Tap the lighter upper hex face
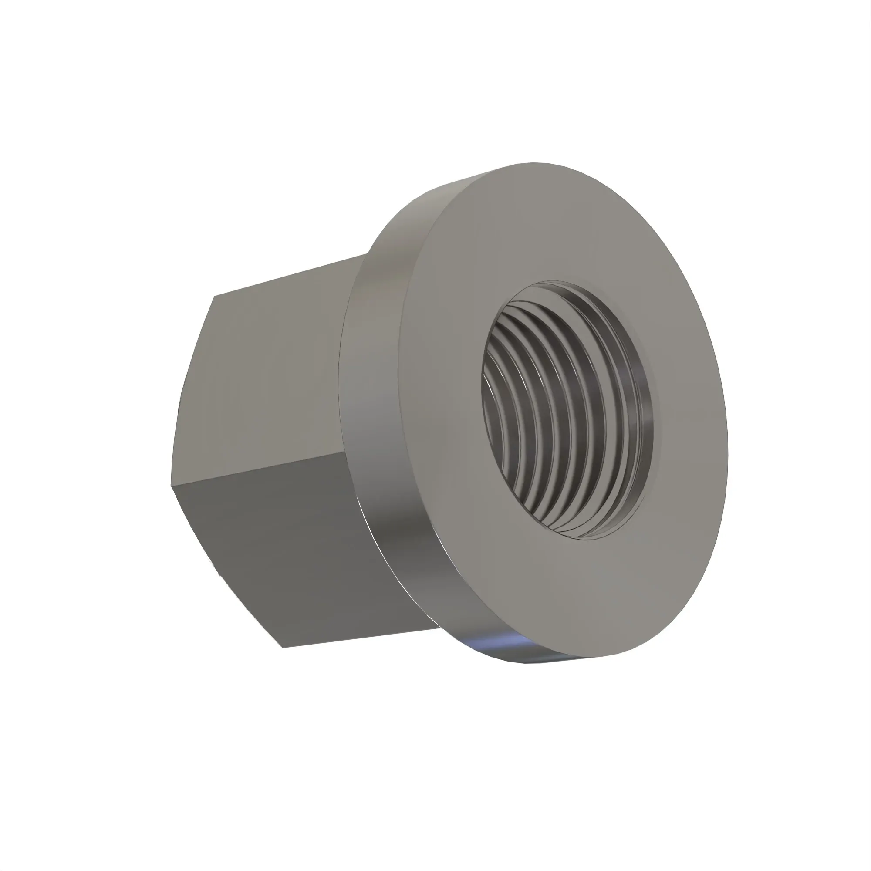point(270,374)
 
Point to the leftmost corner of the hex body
point(172,485)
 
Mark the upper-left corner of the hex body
point(215,296)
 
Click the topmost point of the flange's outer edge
point(534,163)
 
